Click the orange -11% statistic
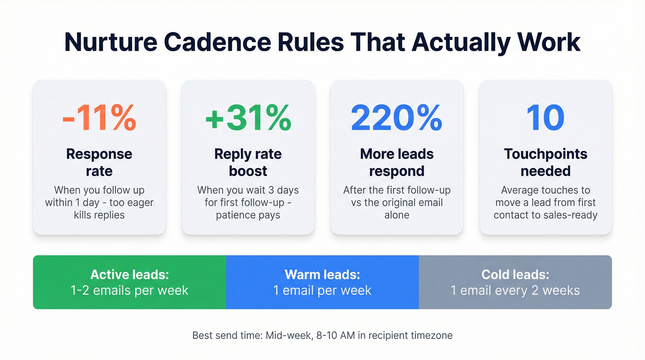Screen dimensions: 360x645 [x=99, y=118]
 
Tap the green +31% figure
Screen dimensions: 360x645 [x=248, y=118]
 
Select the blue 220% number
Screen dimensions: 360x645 [x=397, y=118]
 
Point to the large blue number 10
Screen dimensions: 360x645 [x=545, y=118]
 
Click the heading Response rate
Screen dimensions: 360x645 [x=99, y=162]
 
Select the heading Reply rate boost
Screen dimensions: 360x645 [x=248, y=162]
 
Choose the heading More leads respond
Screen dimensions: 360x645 [x=397, y=162]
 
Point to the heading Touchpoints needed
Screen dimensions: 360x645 [x=545, y=162]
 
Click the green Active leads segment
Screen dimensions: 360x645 [x=129, y=282]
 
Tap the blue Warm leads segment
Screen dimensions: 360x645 [x=322, y=282]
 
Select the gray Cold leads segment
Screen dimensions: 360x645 [x=515, y=282]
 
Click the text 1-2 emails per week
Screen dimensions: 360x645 [x=130, y=290]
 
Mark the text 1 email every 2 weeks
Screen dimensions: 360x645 [x=515, y=290]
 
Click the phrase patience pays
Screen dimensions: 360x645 [x=248, y=215]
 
